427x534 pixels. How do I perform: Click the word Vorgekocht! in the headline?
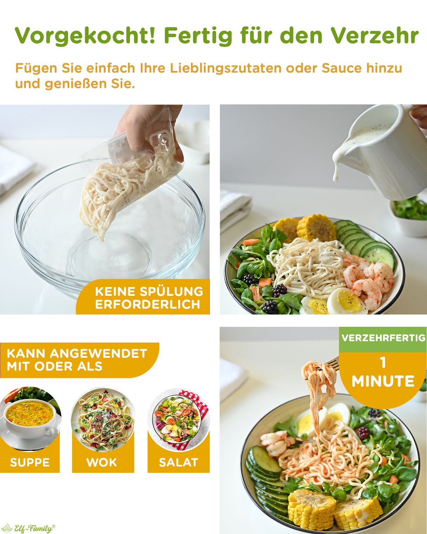[x=85, y=36]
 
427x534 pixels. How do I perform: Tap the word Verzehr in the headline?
[x=375, y=36]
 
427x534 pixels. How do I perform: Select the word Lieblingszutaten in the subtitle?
[x=226, y=68]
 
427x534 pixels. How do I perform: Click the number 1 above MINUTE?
[x=383, y=363]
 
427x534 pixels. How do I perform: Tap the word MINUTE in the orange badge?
[x=383, y=381]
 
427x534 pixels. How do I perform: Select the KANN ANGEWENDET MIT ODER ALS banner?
[x=79, y=360]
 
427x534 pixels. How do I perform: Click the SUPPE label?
[x=30, y=463]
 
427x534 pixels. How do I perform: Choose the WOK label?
[x=102, y=463]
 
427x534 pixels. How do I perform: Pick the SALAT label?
[x=179, y=463]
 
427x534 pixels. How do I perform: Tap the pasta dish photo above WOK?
[x=103, y=420]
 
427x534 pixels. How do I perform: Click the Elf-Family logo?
[x=28, y=528]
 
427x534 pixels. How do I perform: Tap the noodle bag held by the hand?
[x=129, y=179]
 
